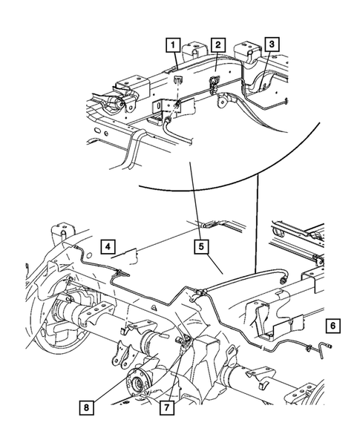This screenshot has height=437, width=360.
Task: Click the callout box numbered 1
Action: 171,46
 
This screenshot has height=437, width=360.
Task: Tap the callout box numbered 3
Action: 273,45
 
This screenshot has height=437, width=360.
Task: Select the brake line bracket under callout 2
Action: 215,90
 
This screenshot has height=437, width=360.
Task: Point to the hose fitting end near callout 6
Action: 324,346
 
